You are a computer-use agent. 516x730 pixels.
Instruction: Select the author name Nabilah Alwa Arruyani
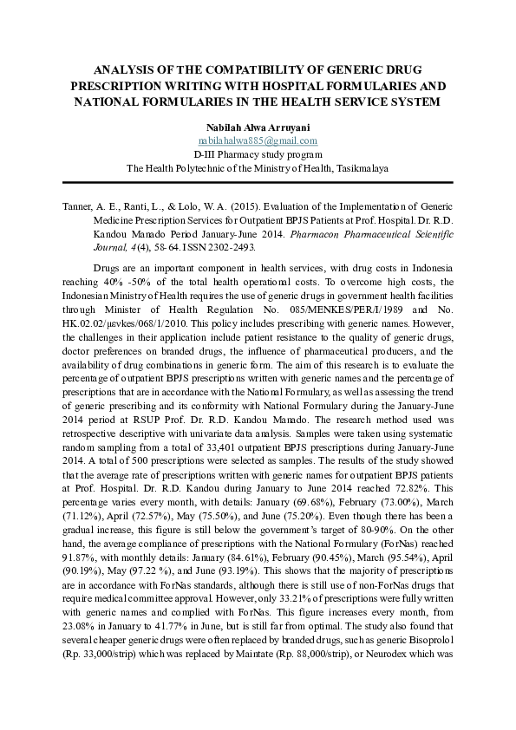(258, 125)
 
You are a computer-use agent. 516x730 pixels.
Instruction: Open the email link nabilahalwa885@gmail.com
(258, 140)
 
